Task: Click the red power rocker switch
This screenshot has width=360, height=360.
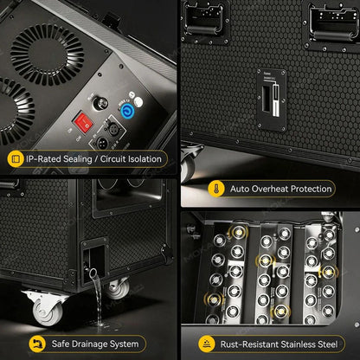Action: pos(84,123)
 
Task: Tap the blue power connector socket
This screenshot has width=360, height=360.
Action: pos(126,111)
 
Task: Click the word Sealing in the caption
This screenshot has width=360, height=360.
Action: pos(78,159)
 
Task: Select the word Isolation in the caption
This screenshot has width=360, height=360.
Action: pos(145,158)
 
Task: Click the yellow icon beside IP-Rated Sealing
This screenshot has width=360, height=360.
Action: pos(16,158)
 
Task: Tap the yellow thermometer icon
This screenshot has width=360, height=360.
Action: pos(216,189)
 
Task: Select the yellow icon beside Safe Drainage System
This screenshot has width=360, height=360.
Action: pos(37,344)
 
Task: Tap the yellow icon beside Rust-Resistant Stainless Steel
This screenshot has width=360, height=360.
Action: pos(207,344)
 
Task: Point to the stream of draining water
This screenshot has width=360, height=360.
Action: pos(97,296)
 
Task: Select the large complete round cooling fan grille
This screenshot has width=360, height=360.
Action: pos(48,55)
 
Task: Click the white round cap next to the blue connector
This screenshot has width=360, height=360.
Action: pos(138,102)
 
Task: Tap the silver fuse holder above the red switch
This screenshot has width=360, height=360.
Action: pos(100,103)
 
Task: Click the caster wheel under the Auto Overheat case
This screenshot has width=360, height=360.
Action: pos(188,165)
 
